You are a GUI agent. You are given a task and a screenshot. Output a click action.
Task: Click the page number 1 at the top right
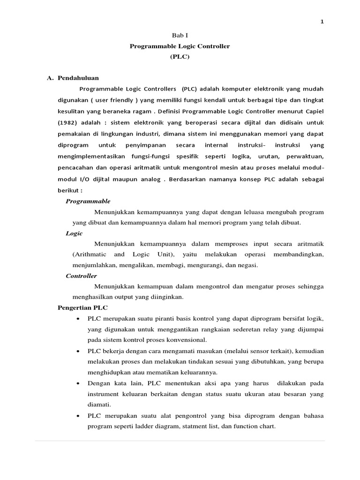(x=322, y=21)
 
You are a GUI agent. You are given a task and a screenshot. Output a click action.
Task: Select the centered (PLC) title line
(x=180, y=57)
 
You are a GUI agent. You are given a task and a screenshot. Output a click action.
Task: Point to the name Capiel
(x=313, y=111)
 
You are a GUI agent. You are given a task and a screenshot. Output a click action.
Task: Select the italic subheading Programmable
(x=88, y=201)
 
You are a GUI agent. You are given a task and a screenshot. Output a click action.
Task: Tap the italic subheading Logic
(x=74, y=233)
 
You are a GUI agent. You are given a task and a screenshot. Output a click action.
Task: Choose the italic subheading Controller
(x=81, y=276)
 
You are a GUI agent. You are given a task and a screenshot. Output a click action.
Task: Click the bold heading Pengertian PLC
(x=82, y=308)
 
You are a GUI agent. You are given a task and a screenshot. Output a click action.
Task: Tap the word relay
(x=267, y=330)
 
